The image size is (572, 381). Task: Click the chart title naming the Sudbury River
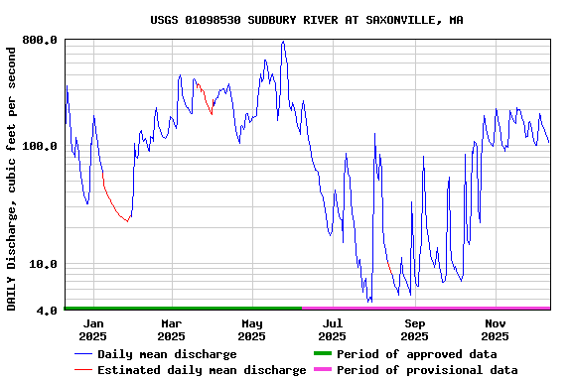pyautogui.click(x=307, y=20)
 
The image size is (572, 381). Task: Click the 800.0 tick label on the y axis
pyautogui.click(x=39, y=41)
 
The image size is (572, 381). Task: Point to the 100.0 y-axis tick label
pyautogui.click(x=39, y=147)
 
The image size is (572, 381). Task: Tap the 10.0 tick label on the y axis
pyautogui.click(x=42, y=265)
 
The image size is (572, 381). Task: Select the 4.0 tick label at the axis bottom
pyautogui.click(x=46, y=311)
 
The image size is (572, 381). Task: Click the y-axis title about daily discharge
pyautogui.click(x=12, y=176)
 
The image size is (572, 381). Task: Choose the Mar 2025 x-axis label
pyautogui.click(x=171, y=329)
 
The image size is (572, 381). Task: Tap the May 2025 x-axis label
pyautogui.click(x=251, y=329)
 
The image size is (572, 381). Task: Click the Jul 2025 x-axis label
pyautogui.click(x=333, y=329)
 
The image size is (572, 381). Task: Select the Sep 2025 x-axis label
pyautogui.click(x=415, y=329)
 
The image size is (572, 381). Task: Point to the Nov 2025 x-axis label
pyautogui.click(x=496, y=329)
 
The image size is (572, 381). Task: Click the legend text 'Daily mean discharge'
pyautogui.click(x=167, y=354)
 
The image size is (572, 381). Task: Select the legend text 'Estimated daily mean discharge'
pyautogui.click(x=202, y=370)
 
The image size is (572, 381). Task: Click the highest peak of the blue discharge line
pyautogui.click(x=283, y=42)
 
